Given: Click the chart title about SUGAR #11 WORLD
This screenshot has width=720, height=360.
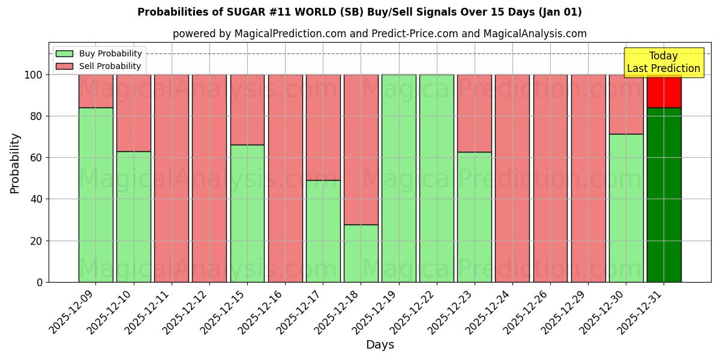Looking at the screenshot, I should coord(359,12).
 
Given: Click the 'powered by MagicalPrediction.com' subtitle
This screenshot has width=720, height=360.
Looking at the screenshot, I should coord(379,34).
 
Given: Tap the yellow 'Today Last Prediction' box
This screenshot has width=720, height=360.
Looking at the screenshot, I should coord(663,62).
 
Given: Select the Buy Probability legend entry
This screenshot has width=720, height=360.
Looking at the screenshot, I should coord(99,53).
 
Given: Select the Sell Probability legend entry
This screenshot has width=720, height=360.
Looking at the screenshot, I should coord(99,66).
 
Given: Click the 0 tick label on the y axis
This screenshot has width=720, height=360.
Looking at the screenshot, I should coord(40,282).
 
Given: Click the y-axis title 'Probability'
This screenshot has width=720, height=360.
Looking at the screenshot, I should coord(15,163).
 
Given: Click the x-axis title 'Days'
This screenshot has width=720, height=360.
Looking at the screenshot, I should coord(380,344).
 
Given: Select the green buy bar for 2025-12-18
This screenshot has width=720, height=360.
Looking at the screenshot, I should coord(361,253).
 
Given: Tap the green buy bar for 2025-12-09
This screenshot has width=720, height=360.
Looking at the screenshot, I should coord(95,195).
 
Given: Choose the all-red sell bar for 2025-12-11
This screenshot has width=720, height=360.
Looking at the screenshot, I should coord(172,178).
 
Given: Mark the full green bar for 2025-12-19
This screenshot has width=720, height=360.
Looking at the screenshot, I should coord(398,178).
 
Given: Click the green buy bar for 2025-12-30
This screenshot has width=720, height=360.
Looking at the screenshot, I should coord(626,208).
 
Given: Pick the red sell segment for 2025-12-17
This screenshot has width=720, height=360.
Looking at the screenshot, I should coord(323,127).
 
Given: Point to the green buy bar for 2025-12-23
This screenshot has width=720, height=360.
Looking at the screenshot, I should coord(474,217).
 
